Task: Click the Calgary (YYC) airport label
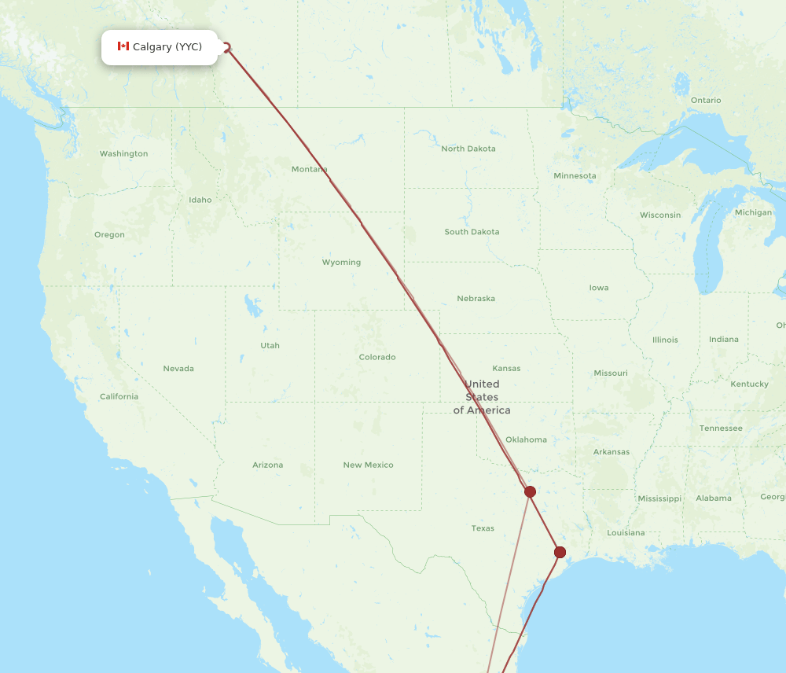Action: point(167,47)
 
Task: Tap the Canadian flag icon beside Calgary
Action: point(123,46)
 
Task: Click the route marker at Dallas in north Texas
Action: point(530,491)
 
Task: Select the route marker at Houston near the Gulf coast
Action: point(560,552)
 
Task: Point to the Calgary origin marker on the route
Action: point(228,47)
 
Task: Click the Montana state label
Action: point(309,169)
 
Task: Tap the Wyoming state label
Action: point(341,263)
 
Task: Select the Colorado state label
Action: point(377,357)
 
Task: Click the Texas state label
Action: point(483,528)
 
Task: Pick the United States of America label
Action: point(481,397)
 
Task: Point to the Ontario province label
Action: point(705,100)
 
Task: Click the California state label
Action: point(119,396)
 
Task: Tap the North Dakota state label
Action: point(468,149)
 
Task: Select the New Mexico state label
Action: point(368,465)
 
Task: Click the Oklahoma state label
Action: point(526,439)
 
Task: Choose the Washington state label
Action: point(123,153)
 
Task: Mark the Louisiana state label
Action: point(626,532)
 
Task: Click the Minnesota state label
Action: point(575,175)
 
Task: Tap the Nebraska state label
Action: point(476,299)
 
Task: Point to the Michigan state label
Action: point(753,212)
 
